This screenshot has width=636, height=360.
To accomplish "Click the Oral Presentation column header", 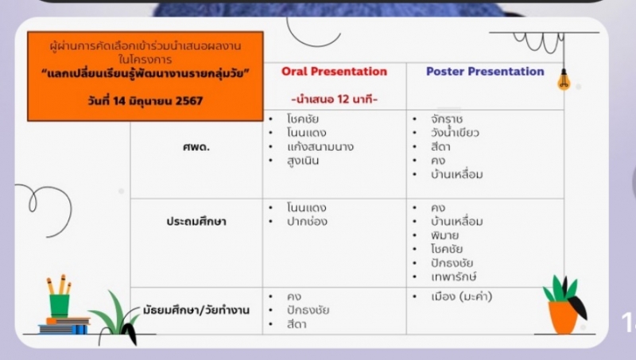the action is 334,72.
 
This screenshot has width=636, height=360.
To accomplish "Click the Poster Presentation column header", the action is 485,72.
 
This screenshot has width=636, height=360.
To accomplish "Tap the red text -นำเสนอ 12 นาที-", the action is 334,99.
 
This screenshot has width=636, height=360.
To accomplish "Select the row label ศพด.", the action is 196,147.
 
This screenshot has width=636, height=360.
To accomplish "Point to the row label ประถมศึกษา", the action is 196,222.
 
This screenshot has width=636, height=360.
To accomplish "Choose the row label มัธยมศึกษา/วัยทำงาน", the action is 196,311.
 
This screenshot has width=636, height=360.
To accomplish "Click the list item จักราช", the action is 447,119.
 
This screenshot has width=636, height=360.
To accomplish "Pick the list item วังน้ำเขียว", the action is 455,133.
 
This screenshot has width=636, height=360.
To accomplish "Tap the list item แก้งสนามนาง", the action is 320,147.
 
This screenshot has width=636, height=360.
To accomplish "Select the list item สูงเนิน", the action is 303,161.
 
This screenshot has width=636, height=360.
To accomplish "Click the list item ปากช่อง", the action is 307,222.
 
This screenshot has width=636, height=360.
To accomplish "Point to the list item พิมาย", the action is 444,235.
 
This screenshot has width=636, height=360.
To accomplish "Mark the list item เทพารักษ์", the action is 453,277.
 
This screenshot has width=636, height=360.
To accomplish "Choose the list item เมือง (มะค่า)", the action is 462,296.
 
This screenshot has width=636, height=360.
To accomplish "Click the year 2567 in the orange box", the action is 189,101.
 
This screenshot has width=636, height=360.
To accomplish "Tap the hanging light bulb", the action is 564,79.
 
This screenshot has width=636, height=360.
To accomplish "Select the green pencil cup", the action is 60,305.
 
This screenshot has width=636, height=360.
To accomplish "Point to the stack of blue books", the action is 64,326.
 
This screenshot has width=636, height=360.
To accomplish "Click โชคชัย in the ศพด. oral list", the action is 303,118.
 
